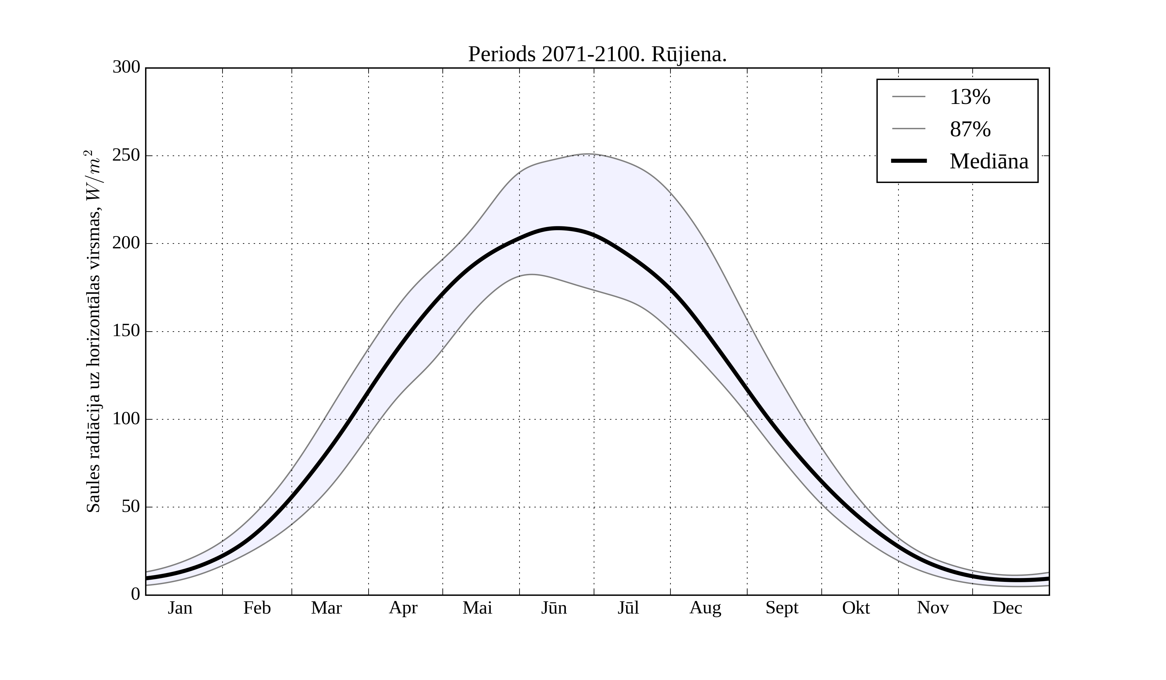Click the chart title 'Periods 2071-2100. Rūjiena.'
597,55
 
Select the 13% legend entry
970,97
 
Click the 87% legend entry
970,129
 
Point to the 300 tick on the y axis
126,68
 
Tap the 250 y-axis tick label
126,155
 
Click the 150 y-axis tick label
126,331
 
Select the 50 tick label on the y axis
131,507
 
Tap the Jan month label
180,608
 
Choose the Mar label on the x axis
326,608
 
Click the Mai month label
477,608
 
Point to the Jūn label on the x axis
554,608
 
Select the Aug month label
705,608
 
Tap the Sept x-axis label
782,608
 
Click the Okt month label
855,608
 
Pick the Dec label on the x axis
1007,608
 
